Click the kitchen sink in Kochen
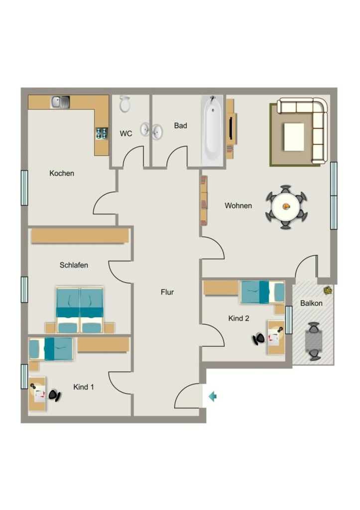tap(60, 102)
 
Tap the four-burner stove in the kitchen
tap(102, 133)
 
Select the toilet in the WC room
tap(124, 104)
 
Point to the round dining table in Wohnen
tap(286, 207)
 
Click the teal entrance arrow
tap(213, 396)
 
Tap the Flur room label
tap(167, 292)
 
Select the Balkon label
tap(311, 303)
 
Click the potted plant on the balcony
tap(328, 289)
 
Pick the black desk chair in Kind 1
tap(55, 395)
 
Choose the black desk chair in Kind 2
tap(259, 339)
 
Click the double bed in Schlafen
tap(80, 310)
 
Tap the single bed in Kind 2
tap(262, 292)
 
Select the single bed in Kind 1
tap(51, 349)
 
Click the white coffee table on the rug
tap(294, 136)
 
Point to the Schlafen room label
tap(74, 265)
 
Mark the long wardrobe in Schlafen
tap(80, 236)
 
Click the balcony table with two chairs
tap(314, 341)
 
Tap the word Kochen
tap(62, 173)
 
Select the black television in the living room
tap(231, 128)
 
